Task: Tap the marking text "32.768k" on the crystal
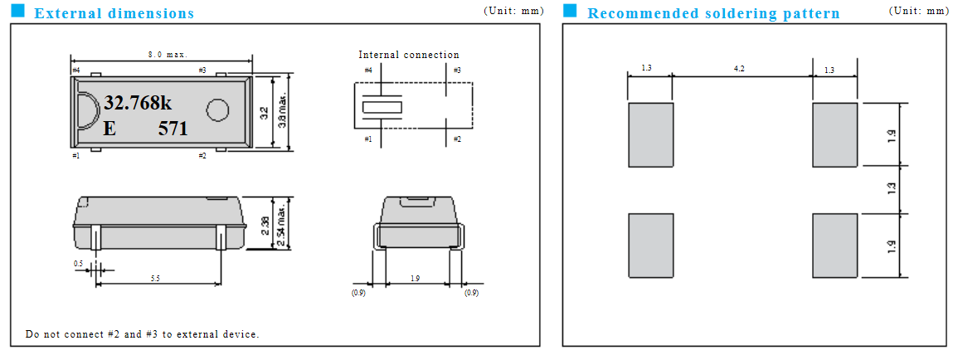[138, 103]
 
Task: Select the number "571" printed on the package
[173, 129]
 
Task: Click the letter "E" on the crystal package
[109, 129]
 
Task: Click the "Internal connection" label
[408, 55]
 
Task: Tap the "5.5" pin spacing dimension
[155, 279]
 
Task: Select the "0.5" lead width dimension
[78, 264]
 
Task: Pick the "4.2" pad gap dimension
[739, 69]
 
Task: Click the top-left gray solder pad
[650, 134]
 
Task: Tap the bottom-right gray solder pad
[834, 246]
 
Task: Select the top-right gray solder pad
[834, 134]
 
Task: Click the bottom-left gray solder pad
[650, 246]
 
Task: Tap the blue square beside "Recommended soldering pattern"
[569, 11]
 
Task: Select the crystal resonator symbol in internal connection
[381, 108]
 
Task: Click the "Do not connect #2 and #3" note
[142, 334]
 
